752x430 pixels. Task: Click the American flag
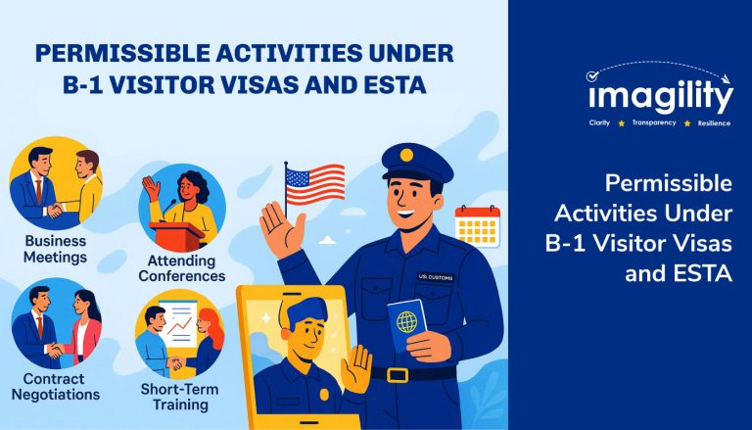pos(314,183)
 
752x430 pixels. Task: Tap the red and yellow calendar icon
pos(477,226)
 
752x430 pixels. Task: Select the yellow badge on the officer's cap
pos(406,155)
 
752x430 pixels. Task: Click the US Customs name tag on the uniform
pos(436,277)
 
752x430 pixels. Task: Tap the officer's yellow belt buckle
pos(398,375)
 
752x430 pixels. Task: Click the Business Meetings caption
pos(55,249)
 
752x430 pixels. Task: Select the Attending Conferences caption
pos(182,268)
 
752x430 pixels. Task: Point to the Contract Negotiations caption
pos(56,387)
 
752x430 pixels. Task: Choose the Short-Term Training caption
pos(180,397)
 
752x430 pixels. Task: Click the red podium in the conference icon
pos(176,234)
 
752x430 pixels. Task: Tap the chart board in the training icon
pos(178,323)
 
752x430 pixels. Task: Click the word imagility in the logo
pos(661,96)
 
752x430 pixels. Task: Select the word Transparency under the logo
pos(654,122)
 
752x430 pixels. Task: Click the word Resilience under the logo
pos(714,123)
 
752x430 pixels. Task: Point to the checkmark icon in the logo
pos(592,75)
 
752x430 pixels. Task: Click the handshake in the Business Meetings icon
pos(56,211)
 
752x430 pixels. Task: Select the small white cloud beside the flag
pos(328,239)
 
